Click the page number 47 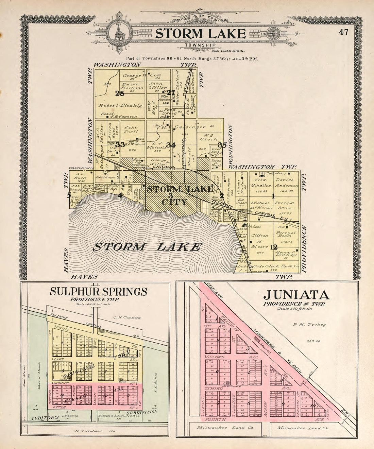pyautogui.click(x=344, y=32)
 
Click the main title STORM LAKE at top pyautogui.click(x=200, y=34)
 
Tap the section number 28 pyautogui.click(x=120, y=94)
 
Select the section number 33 pyautogui.click(x=120, y=145)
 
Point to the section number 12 pyautogui.click(x=274, y=247)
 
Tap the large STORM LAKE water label pyautogui.click(x=147, y=247)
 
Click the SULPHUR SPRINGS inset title pyautogui.click(x=98, y=292)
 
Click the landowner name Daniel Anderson pyautogui.click(x=287, y=183)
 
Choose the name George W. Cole pyautogui.click(x=141, y=75)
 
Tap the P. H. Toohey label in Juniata pyautogui.click(x=309, y=324)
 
